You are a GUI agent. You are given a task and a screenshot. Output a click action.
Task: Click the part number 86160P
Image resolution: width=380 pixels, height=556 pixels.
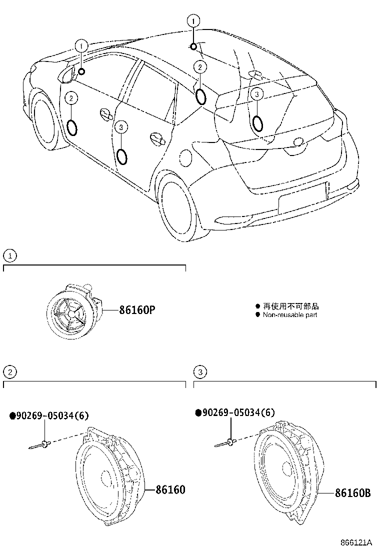[x=136, y=310]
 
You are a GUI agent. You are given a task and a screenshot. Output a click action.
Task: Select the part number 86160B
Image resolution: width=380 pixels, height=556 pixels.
[x=352, y=493]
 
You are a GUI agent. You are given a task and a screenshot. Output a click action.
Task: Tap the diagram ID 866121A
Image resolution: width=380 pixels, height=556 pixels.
[x=356, y=542]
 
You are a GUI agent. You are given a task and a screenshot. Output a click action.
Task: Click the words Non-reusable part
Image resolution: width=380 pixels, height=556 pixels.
[x=289, y=315]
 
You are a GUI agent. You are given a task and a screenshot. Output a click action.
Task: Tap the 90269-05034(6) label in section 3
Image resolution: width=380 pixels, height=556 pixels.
[x=235, y=412]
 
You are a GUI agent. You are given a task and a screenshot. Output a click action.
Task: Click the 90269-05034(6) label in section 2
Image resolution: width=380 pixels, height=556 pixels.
[x=49, y=416]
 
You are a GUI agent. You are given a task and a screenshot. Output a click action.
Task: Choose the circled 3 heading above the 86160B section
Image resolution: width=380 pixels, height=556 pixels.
[x=199, y=371]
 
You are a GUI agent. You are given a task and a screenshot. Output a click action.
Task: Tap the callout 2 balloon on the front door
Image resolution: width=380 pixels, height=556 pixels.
[x=71, y=98]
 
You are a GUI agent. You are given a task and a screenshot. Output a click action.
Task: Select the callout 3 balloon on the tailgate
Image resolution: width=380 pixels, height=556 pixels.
[x=256, y=93]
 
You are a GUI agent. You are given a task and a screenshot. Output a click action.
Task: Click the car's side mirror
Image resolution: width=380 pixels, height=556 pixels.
[x=66, y=75]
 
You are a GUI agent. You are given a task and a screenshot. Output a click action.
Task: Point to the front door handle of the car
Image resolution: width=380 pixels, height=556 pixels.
[x=105, y=113]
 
